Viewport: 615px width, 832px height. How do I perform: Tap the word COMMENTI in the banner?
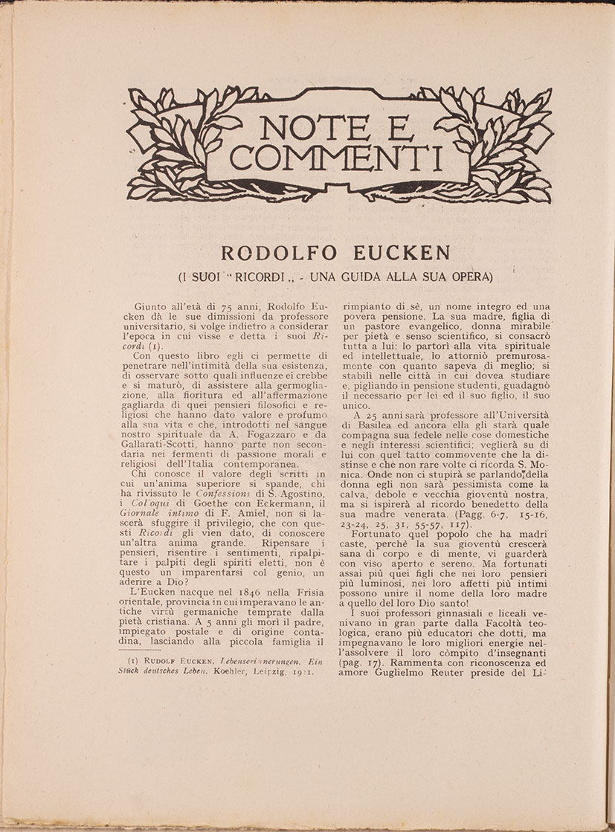336,158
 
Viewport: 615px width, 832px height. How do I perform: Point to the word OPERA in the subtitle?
469,277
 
